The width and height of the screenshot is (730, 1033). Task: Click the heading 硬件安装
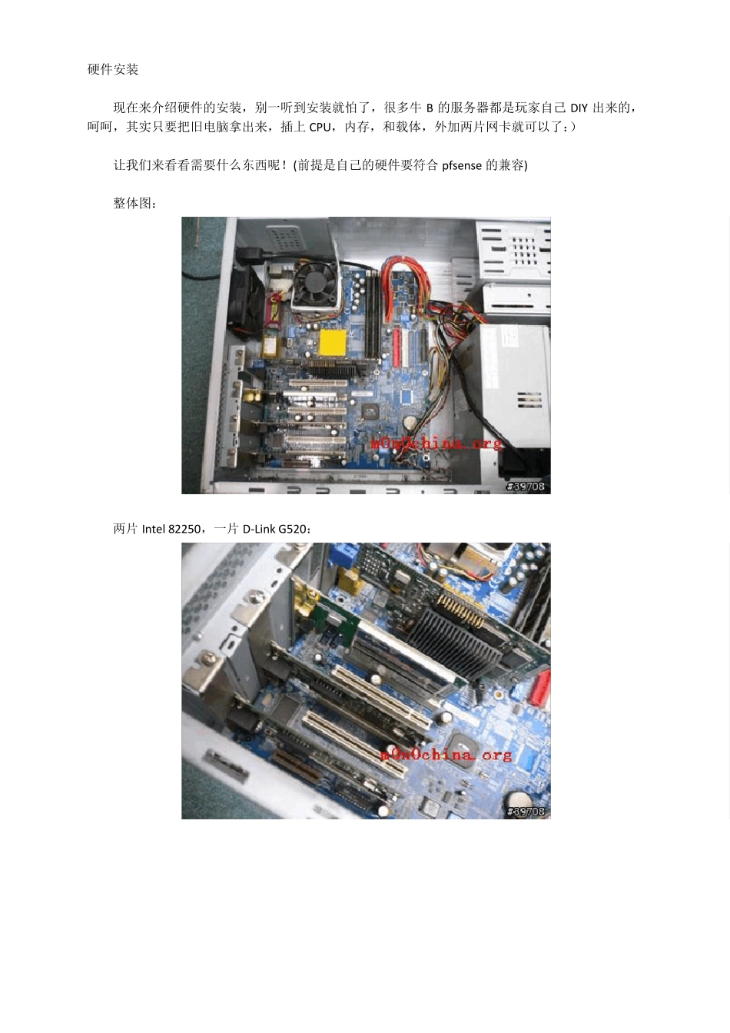pyautogui.click(x=113, y=70)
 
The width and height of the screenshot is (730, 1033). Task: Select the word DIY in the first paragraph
pyautogui.click(x=579, y=108)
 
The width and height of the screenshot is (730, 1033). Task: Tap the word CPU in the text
pyautogui.click(x=320, y=128)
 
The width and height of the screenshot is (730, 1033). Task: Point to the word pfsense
pyautogui.click(x=462, y=165)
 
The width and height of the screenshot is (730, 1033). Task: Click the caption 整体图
pyautogui.click(x=132, y=204)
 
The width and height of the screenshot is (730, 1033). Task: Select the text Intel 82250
pyautogui.click(x=171, y=529)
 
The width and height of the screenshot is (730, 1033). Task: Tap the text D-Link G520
pyautogui.click(x=274, y=529)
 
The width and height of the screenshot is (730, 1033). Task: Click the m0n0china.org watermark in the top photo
pyautogui.click(x=436, y=443)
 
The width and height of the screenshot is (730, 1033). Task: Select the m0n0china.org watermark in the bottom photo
pyautogui.click(x=446, y=755)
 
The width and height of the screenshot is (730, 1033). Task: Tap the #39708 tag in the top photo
pyautogui.click(x=526, y=486)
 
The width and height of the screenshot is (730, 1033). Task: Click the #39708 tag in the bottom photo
pyautogui.click(x=526, y=811)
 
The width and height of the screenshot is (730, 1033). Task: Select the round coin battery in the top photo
pyautogui.click(x=409, y=421)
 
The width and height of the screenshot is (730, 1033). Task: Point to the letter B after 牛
pyautogui.click(x=430, y=108)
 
